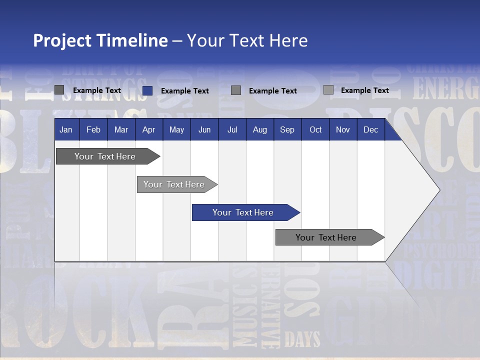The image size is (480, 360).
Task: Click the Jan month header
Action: pos(66,130)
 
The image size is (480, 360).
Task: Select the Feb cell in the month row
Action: pos(93,130)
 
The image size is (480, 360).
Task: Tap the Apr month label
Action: pos(148,130)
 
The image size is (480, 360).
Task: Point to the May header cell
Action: pos(176,130)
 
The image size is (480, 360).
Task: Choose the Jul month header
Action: pos(232,130)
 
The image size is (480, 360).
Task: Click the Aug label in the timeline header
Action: pos(259,130)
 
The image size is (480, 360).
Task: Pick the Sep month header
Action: pos(287,130)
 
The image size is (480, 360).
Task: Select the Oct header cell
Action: pos(315,130)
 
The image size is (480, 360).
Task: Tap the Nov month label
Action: pos(343,130)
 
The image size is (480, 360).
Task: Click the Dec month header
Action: pos(370,130)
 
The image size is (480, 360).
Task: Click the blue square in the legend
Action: pos(147,90)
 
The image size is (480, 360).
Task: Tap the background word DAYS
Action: pos(302,339)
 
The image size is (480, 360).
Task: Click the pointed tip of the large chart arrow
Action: pos(438,190)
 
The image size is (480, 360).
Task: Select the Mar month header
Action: pos(121,130)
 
